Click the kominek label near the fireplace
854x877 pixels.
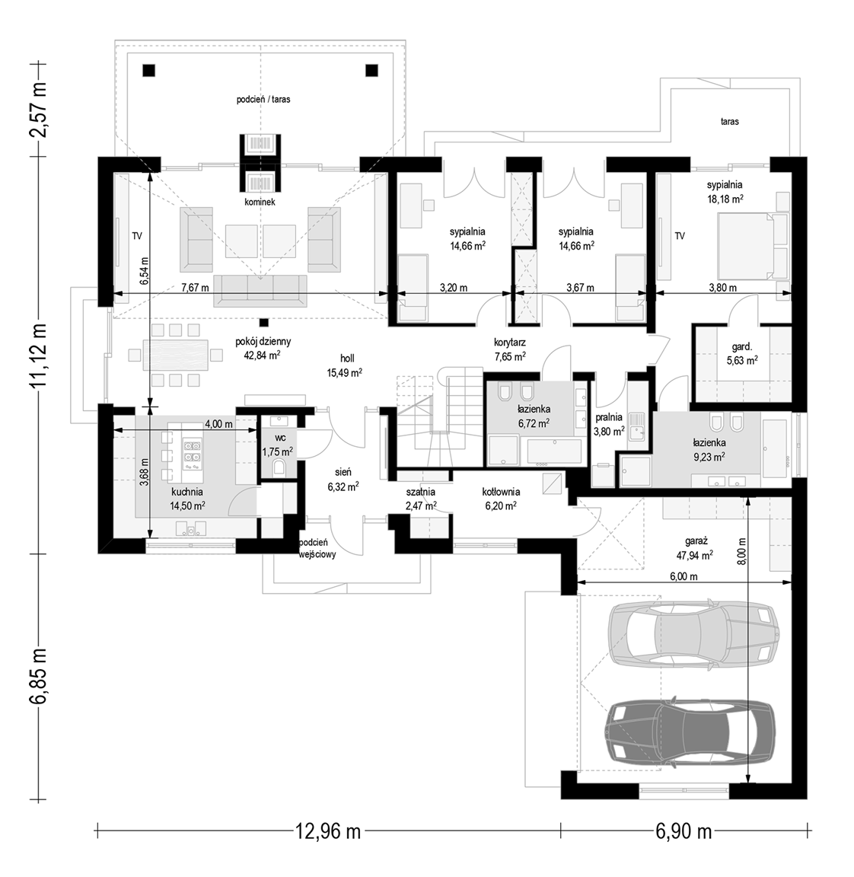(260, 203)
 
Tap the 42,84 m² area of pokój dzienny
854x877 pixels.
(263, 355)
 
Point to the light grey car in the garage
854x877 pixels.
(693, 633)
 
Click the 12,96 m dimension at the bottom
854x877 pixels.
(328, 831)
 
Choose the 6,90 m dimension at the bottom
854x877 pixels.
(684, 831)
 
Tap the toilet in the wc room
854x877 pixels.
(279, 467)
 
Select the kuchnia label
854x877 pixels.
(186, 493)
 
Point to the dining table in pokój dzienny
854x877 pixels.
(176, 354)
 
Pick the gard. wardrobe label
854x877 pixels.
(741, 346)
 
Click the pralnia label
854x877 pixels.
(609, 417)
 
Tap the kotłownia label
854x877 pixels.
(501, 493)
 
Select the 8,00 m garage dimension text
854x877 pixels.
(741, 551)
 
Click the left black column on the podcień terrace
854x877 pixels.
(148, 71)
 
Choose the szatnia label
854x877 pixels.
(421, 493)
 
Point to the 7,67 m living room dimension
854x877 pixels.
(195, 288)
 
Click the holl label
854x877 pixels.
(347, 359)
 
